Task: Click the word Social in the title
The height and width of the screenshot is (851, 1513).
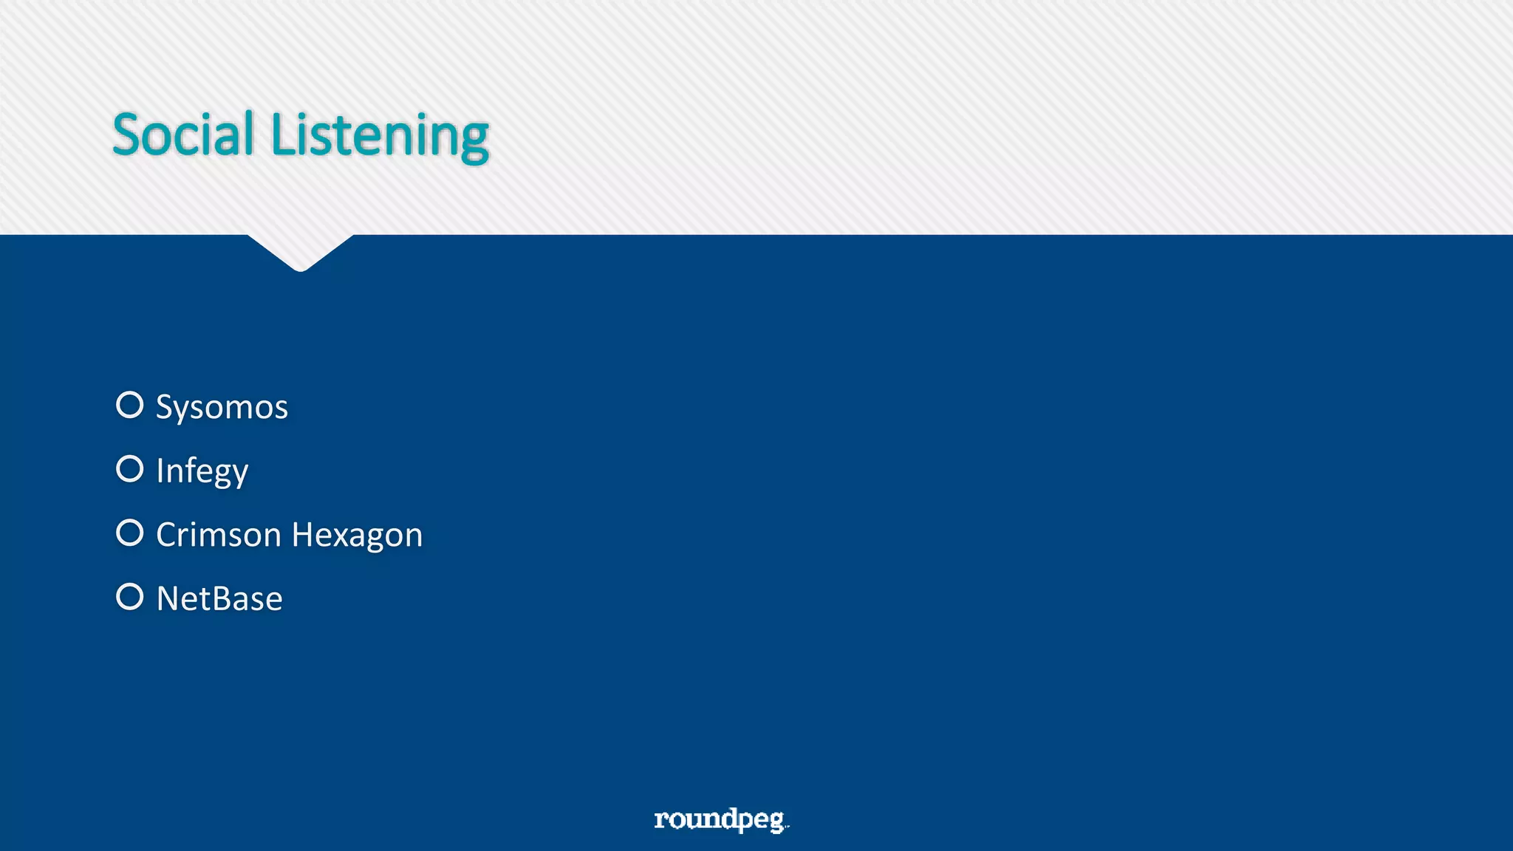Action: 183,134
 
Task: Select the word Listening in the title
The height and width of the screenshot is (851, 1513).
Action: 380,136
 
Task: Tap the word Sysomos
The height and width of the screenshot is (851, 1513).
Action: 222,407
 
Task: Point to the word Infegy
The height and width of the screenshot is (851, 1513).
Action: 202,471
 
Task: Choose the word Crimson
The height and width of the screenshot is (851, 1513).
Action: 219,535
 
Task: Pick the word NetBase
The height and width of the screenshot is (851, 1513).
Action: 219,598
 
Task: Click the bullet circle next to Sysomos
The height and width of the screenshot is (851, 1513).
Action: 130,405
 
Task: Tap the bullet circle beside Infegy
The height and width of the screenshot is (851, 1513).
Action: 130,468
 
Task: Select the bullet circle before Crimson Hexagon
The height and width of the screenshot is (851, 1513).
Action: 130,533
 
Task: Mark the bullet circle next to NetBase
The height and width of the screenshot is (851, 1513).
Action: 130,597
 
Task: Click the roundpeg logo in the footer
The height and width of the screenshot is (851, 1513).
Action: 721,819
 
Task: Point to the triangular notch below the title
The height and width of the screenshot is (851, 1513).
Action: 301,251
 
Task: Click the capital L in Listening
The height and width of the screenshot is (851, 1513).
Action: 283,134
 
